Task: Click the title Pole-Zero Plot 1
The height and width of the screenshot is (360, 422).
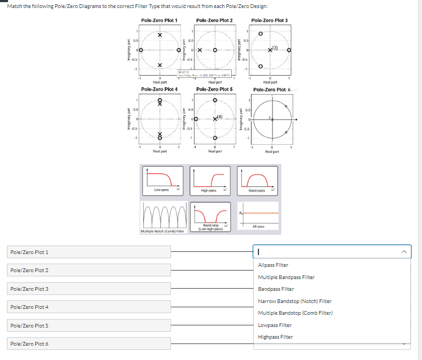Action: (x=159, y=20)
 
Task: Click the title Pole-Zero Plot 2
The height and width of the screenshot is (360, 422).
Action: (x=214, y=20)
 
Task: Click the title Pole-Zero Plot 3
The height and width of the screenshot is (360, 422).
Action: (x=269, y=20)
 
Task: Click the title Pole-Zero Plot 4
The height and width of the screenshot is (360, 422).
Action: (x=159, y=89)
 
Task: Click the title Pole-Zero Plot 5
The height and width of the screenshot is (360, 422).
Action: (x=214, y=89)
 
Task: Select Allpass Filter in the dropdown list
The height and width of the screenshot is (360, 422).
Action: (x=273, y=265)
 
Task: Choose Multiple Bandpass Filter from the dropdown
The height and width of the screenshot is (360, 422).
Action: (x=286, y=277)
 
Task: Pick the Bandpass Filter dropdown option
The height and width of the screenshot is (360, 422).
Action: (x=276, y=289)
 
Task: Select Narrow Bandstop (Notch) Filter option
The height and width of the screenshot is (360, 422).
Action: (x=295, y=301)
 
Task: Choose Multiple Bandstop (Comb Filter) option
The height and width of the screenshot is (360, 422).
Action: (x=295, y=313)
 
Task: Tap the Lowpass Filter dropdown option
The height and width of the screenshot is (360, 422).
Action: (x=274, y=325)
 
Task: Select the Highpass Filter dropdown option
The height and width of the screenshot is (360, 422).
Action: (x=275, y=337)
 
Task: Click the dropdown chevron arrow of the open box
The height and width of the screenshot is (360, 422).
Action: (x=404, y=252)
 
